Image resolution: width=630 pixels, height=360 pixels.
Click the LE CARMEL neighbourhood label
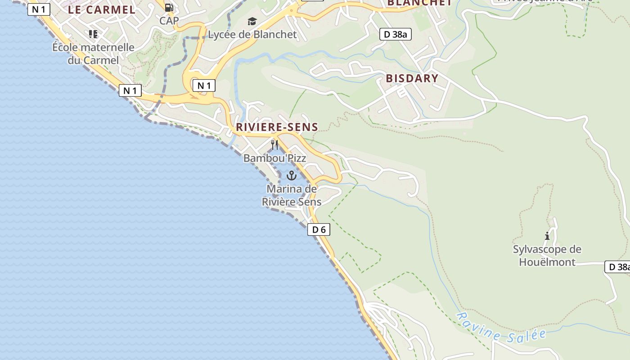pyautogui.click(x=101, y=10)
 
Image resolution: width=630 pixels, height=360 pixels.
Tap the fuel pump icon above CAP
pyautogui.click(x=169, y=7)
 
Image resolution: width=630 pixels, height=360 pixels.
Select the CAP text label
pyautogui.click(x=169, y=21)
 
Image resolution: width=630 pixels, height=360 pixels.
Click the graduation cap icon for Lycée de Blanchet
pyautogui.click(x=252, y=21)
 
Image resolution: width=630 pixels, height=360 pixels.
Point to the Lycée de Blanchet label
pyautogui.click(x=252, y=34)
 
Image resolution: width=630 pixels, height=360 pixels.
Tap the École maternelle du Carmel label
pyautogui.click(x=93, y=54)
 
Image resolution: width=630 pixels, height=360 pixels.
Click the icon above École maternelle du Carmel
pyautogui.click(x=93, y=34)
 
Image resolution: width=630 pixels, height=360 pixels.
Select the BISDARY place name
pyautogui.click(x=412, y=78)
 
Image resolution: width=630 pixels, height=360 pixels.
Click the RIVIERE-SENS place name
pyautogui.click(x=277, y=127)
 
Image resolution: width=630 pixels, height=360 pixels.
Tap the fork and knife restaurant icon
pyautogui.click(x=274, y=144)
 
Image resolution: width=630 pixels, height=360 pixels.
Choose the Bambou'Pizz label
pyautogui.click(x=274, y=158)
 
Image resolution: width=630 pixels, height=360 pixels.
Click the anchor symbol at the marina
pyautogui.click(x=292, y=175)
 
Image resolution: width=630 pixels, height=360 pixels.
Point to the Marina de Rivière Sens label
pyautogui.click(x=292, y=195)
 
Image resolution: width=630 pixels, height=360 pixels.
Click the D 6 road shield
pyautogui.click(x=319, y=229)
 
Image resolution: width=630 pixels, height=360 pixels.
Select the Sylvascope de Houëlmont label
pyautogui.click(x=547, y=256)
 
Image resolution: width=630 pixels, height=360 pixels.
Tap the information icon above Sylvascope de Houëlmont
pyautogui.click(x=547, y=236)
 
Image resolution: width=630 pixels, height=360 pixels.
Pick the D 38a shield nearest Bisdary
pyautogui.click(x=396, y=34)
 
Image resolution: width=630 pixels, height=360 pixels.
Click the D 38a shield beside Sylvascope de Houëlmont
pyautogui.click(x=617, y=267)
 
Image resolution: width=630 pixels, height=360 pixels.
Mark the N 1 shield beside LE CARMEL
pyautogui.click(x=39, y=9)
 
